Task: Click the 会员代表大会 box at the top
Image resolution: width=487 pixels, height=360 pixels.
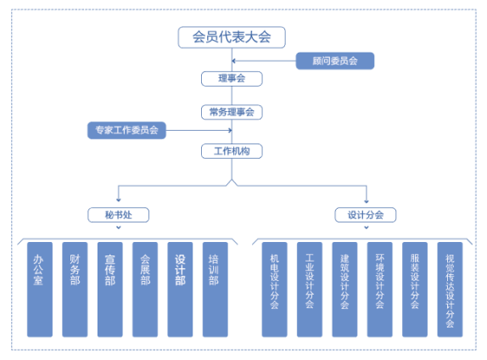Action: [232, 37]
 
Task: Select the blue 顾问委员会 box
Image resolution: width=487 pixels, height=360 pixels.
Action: [335, 61]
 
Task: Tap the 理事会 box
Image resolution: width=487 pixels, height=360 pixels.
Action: [232, 79]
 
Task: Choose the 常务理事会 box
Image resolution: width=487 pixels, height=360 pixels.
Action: [232, 112]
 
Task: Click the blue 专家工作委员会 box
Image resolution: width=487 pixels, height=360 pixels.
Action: [126, 130]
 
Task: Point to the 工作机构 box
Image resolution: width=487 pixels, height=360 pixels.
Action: [232, 151]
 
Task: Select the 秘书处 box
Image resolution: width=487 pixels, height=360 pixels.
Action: [118, 215]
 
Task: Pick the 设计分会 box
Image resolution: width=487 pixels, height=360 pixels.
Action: [365, 215]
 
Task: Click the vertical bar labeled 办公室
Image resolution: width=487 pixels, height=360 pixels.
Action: [40, 290]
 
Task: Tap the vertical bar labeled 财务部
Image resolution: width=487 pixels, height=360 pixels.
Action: [75, 290]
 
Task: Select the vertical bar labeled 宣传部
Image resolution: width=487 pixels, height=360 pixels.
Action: [110, 290]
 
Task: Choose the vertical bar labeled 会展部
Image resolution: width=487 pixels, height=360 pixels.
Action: [145, 290]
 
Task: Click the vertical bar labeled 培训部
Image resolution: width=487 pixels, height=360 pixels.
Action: [216, 290]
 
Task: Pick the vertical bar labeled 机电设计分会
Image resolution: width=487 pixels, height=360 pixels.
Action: [275, 290]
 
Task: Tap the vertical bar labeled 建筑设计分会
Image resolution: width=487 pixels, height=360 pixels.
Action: [344, 290]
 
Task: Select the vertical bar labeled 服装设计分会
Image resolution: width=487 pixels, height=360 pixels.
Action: [415, 290]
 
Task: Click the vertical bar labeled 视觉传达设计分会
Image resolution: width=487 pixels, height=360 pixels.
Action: [450, 290]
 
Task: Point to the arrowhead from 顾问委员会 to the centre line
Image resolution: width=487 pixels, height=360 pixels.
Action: [233, 61]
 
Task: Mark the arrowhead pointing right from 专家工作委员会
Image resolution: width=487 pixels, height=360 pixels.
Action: [230, 130]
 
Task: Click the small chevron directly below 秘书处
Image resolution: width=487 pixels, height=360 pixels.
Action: [118, 228]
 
